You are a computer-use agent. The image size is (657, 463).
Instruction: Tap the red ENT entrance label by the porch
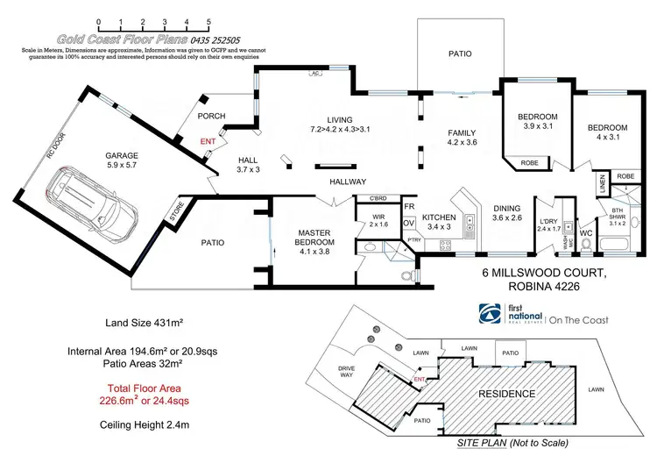click(208, 140)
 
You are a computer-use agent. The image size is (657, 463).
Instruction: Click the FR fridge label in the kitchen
click(408, 206)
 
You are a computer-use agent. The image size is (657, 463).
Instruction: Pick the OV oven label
click(408, 223)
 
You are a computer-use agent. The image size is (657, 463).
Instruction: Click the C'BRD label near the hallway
click(379, 196)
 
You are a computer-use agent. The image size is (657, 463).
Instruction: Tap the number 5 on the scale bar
click(208, 19)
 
